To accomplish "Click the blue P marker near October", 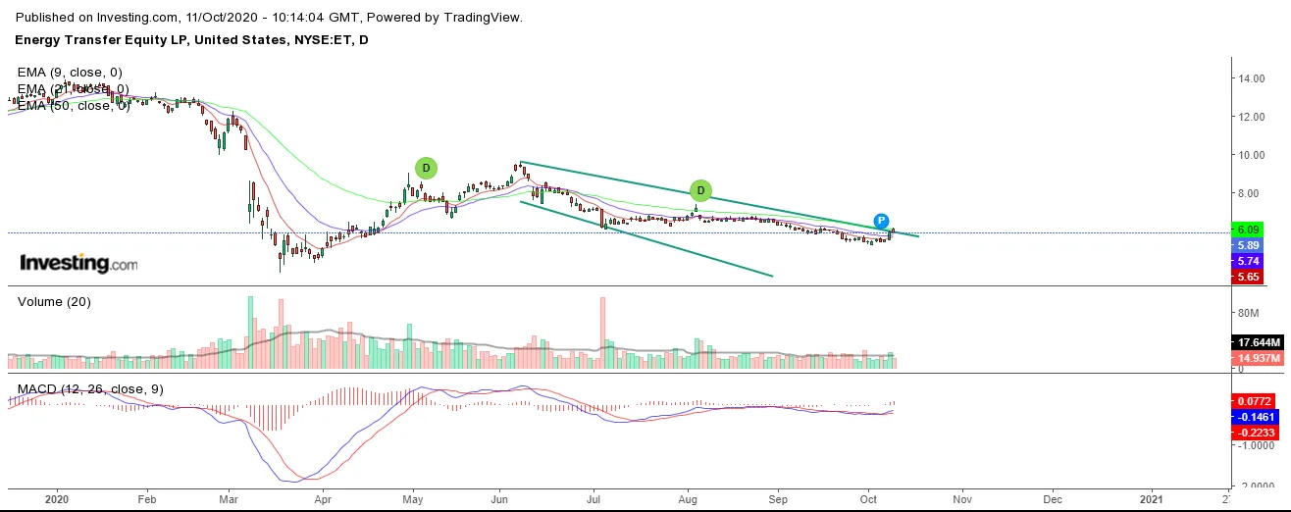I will click(881, 221).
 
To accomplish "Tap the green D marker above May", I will click(425, 168).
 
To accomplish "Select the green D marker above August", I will click(699, 189).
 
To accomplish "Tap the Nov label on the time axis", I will click(961, 497).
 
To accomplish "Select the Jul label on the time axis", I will click(594, 497).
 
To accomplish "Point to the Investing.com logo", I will click(78, 263).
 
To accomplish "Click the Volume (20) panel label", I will click(55, 302).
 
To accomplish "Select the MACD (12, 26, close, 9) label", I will click(90, 389).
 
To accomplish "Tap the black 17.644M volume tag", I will click(1255, 342).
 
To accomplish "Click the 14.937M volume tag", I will click(1255, 358).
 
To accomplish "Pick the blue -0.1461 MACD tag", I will click(1255, 417).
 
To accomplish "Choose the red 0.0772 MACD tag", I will click(1255, 401).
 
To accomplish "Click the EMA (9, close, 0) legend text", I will click(70, 73).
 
